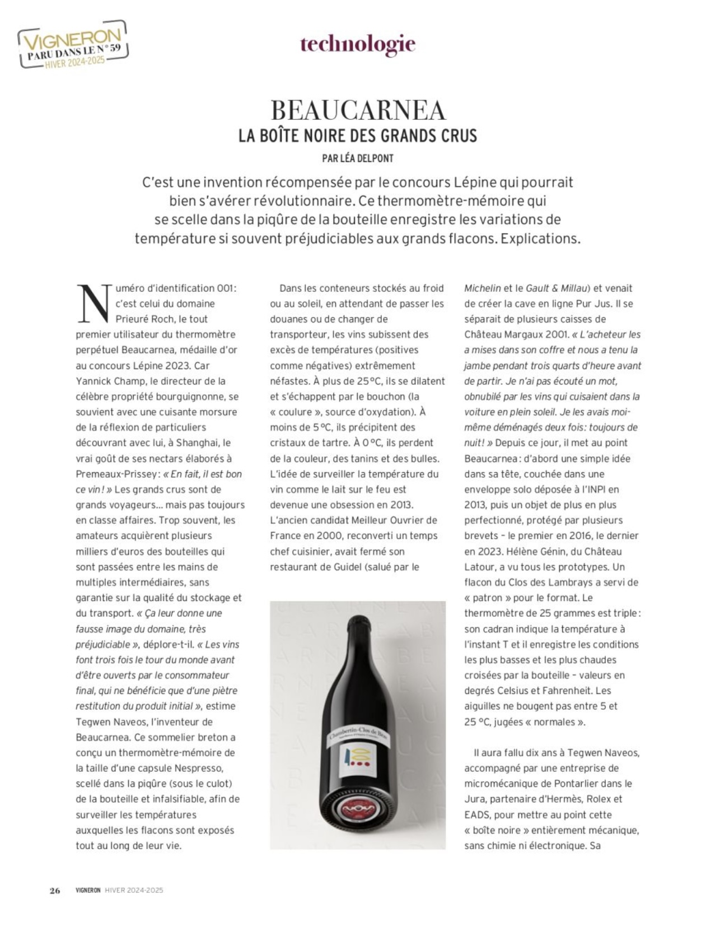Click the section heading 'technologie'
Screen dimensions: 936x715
tap(358, 44)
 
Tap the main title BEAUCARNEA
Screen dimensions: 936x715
tap(358, 110)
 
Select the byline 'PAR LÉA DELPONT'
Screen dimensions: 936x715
tap(358, 159)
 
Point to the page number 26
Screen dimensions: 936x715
tap(54, 890)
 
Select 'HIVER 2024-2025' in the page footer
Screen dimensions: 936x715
tap(134, 890)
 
